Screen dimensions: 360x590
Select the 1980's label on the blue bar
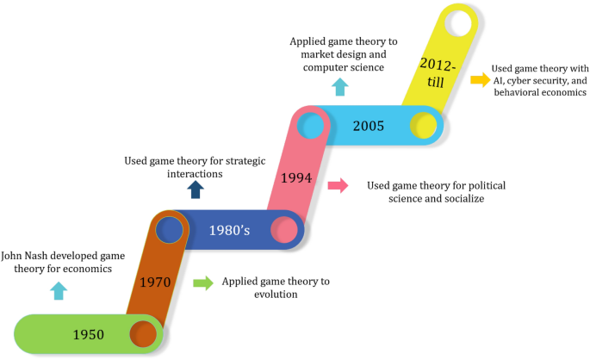pyautogui.click(x=228, y=230)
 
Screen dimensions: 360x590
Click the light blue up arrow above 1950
pyautogui.click(x=57, y=290)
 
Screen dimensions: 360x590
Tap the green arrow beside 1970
pyautogui.click(x=202, y=282)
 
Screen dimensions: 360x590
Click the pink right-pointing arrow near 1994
pyautogui.click(x=338, y=184)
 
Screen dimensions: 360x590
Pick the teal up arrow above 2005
pyautogui.click(x=340, y=86)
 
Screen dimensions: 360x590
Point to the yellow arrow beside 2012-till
pyautogui.click(x=479, y=80)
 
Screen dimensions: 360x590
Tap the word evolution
pyautogui.click(x=274, y=294)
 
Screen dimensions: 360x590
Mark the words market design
pyautogui.click(x=327, y=53)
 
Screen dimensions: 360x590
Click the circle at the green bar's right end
pyautogui.click(x=142, y=334)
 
